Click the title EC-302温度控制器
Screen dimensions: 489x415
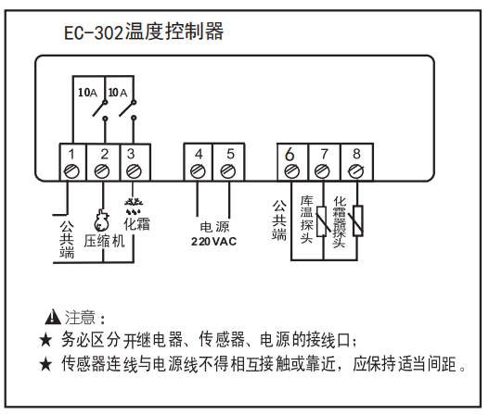[x=144, y=31]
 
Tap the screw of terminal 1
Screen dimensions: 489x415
[x=71, y=171]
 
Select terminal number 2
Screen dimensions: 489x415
[x=105, y=154]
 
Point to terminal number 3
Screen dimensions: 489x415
[x=131, y=154]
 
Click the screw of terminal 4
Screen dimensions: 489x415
[x=198, y=171]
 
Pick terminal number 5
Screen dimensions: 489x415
[x=230, y=154]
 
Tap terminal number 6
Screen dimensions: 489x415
[x=290, y=154]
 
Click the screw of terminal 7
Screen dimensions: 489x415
[x=322, y=171]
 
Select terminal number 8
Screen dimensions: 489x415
[x=356, y=154]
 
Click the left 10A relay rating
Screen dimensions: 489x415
[x=87, y=93]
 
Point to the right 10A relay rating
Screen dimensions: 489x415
[x=118, y=93]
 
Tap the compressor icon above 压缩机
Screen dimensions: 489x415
[x=101, y=220]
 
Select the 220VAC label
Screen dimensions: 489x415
[x=214, y=241]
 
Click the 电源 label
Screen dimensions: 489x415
[x=214, y=227]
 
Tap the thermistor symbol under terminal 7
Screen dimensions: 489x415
[x=322, y=221]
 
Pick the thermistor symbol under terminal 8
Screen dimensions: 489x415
[x=358, y=220]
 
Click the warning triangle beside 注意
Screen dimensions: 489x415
[x=53, y=316]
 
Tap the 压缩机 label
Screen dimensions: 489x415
[x=105, y=241]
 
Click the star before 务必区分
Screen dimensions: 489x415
[x=45, y=340]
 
